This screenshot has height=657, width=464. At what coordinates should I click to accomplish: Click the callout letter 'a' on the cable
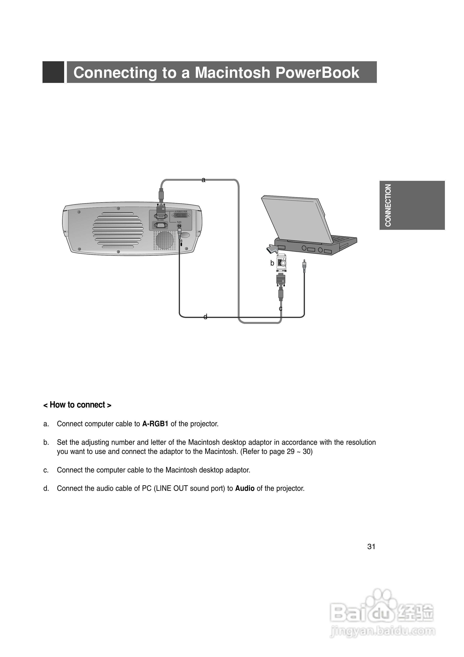click(203, 180)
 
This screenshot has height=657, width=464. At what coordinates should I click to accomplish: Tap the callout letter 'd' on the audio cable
click(205, 317)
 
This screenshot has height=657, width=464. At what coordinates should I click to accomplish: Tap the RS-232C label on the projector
click(160, 220)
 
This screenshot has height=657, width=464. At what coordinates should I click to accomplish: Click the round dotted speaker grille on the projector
click(165, 240)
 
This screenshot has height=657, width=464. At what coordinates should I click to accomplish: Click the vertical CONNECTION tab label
click(388, 205)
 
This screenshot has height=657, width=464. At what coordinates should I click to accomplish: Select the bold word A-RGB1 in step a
click(155, 424)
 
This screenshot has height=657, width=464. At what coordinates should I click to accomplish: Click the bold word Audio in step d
click(245, 488)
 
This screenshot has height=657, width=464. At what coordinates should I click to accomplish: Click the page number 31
click(371, 547)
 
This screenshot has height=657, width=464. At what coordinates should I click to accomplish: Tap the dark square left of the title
click(53, 72)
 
